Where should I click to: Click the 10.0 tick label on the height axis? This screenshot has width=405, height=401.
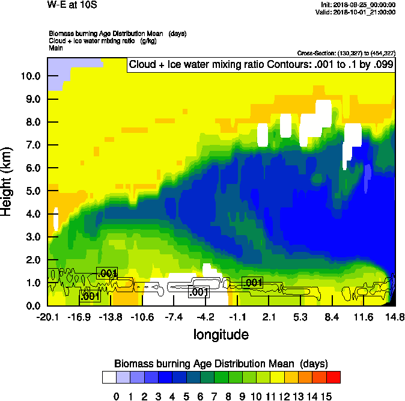click(x=30, y=76)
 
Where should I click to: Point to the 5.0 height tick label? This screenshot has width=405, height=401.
click(x=32, y=191)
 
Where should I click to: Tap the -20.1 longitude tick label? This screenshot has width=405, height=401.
click(x=48, y=317)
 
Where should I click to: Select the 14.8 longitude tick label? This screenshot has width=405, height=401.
click(x=394, y=317)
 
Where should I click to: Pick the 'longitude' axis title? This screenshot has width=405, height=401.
click(x=221, y=334)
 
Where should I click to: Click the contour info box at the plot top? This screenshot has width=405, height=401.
click(x=260, y=65)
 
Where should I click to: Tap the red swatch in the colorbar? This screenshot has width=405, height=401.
click(x=333, y=377)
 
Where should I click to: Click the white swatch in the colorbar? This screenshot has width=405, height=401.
click(x=109, y=377)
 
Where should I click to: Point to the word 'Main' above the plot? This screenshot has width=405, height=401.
click(x=56, y=47)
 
